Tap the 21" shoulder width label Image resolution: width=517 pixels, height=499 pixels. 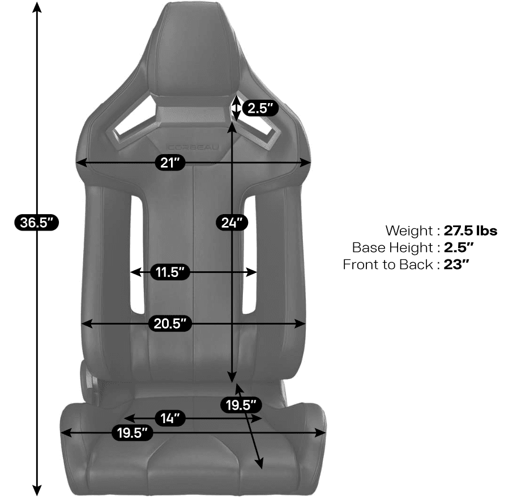click(x=170, y=163)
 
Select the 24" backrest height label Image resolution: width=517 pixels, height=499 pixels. click(x=232, y=223)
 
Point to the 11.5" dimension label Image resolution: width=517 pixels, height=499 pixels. click(x=170, y=272)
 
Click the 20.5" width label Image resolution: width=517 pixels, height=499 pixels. click(x=170, y=323)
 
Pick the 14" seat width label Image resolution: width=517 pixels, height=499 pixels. click(x=170, y=418)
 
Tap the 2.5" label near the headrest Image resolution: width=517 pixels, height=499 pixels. click(x=260, y=108)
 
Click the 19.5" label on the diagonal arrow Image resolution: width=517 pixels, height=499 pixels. click(x=241, y=404)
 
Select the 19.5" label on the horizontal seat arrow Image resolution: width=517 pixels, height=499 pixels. click(x=133, y=433)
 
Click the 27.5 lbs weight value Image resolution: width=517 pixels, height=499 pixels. click(x=470, y=231)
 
